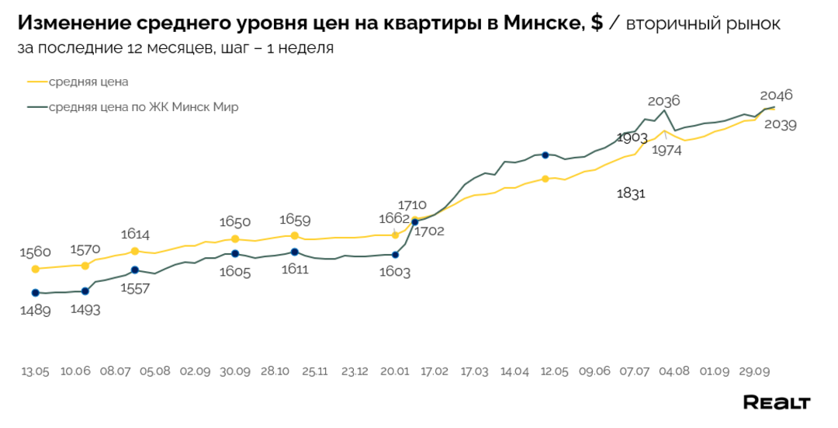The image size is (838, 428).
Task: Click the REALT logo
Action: coord(776,402)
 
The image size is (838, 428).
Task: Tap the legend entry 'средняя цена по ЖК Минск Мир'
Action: coord(144,107)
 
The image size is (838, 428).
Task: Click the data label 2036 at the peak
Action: coord(663,101)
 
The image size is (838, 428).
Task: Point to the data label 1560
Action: coord(35,252)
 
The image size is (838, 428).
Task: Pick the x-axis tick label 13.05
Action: coord(35,372)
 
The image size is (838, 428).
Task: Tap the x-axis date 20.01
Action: coord(395,372)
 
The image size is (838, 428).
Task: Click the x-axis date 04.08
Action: coord(675,372)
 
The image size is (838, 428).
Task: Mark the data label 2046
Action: coord(776,96)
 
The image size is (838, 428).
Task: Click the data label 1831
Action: coord(631,193)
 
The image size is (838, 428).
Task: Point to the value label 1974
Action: coord(667,151)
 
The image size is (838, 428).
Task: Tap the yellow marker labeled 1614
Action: coord(135,251)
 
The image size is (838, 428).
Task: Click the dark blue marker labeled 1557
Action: coord(135,270)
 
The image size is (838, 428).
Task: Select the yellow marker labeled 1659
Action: coord(294,235)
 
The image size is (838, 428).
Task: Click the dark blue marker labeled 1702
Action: coord(414,222)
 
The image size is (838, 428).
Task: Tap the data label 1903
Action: coord(632,137)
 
